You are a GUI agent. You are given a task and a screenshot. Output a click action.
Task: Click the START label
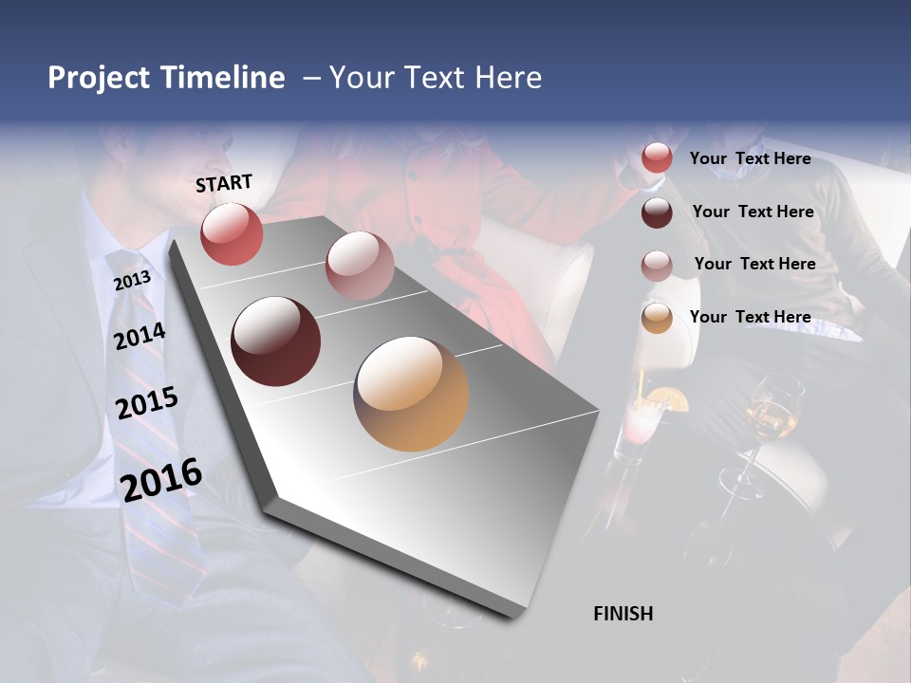click(224, 183)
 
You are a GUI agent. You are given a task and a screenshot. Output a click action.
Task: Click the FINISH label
click(623, 614)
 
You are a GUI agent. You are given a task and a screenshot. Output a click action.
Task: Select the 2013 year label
click(133, 281)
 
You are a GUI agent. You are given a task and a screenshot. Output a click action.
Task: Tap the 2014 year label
click(140, 336)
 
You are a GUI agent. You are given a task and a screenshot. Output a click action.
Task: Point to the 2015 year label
click(147, 403)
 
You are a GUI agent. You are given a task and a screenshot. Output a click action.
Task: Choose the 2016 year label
click(161, 479)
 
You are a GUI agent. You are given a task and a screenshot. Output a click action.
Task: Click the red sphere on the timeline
click(232, 233)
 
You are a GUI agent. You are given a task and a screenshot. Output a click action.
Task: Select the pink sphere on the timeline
click(360, 266)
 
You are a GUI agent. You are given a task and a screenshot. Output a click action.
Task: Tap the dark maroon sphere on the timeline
click(275, 341)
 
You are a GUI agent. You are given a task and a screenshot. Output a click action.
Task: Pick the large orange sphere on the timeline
click(411, 394)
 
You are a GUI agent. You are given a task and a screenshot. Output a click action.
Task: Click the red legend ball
click(657, 158)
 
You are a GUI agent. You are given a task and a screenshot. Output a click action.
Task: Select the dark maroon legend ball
click(657, 212)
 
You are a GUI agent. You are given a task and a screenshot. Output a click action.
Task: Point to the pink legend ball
click(657, 266)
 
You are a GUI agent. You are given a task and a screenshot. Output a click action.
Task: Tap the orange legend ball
click(657, 319)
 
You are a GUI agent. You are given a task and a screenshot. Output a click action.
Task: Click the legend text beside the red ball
click(750, 158)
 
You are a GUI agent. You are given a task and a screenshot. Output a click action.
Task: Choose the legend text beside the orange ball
click(750, 317)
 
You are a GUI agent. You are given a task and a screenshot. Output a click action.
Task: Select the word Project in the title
click(99, 78)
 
